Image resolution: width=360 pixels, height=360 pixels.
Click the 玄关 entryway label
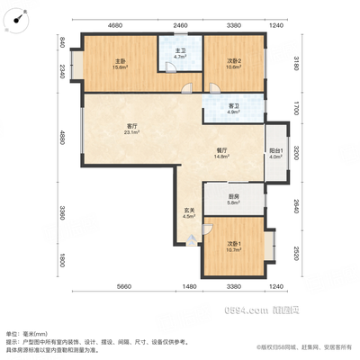[189, 213]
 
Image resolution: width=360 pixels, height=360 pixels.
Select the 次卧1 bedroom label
[233, 247]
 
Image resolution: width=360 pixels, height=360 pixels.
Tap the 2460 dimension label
[180, 26]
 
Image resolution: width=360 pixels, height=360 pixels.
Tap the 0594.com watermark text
[270, 310]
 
